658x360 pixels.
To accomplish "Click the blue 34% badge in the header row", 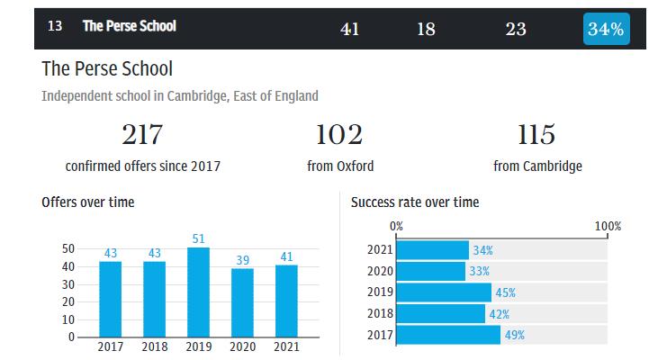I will pyautogui.click(x=606, y=28).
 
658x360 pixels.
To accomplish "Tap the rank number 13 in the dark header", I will pyautogui.click(x=55, y=26).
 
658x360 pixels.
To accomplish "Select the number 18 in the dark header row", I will pyautogui.click(x=426, y=29).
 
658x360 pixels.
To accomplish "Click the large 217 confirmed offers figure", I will pyautogui.click(x=142, y=135).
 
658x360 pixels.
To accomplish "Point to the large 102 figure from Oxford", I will pyautogui.click(x=339, y=135).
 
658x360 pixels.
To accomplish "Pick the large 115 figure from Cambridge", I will pyautogui.click(x=536, y=135).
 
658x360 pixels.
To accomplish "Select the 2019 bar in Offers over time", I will pyautogui.click(x=199, y=292).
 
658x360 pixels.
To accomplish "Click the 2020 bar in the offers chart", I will pyautogui.click(x=243, y=302).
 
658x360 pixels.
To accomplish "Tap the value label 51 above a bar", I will pyautogui.click(x=199, y=238).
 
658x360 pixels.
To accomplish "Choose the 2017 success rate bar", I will pyautogui.click(x=448, y=335).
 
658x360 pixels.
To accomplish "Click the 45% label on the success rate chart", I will pyautogui.click(x=505, y=292).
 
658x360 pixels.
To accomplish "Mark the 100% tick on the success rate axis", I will pyautogui.click(x=608, y=226).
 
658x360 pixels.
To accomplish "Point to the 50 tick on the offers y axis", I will pyautogui.click(x=68, y=248).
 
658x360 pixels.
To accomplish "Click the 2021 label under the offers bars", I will pyautogui.click(x=287, y=346).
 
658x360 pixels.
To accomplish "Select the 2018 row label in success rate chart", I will pyautogui.click(x=380, y=314).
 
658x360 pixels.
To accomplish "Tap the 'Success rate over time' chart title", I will pyautogui.click(x=415, y=202).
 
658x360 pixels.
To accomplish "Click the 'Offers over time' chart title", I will pyautogui.click(x=88, y=202).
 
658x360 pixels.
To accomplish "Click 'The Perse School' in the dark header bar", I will pyautogui.click(x=130, y=26).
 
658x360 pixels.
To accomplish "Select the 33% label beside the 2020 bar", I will pyautogui.click(x=480, y=271).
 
